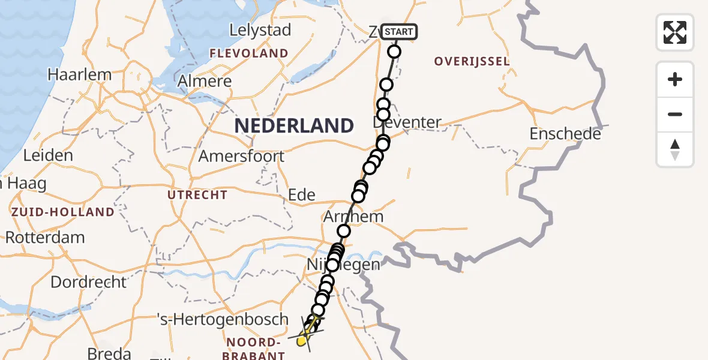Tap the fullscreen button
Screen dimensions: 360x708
pyautogui.click(x=675, y=32)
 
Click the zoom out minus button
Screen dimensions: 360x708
pyautogui.click(x=675, y=114)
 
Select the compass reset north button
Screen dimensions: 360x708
pyautogui.click(x=675, y=149)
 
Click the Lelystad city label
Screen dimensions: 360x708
pyautogui.click(x=261, y=30)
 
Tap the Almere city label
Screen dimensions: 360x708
pyautogui.click(x=205, y=81)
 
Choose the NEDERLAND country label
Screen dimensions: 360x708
pyautogui.click(x=294, y=125)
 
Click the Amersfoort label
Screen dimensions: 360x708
pyautogui.click(x=241, y=156)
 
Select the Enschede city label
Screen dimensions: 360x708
pyautogui.click(x=565, y=134)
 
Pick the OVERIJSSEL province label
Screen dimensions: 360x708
pyautogui.click(x=472, y=61)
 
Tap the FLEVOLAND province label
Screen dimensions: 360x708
pyautogui.click(x=248, y=53)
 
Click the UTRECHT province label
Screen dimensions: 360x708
pyautogui.click(x=197, y=195)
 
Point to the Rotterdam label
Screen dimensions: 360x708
pyautogui.click(x=45, y=237)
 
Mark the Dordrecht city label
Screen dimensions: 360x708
pyautogui.click(x=89, y=282)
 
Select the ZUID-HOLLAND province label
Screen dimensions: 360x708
pyautogui.click(x=62, y=212)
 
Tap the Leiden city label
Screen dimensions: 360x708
pyautogui.click(x=48, y=155)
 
